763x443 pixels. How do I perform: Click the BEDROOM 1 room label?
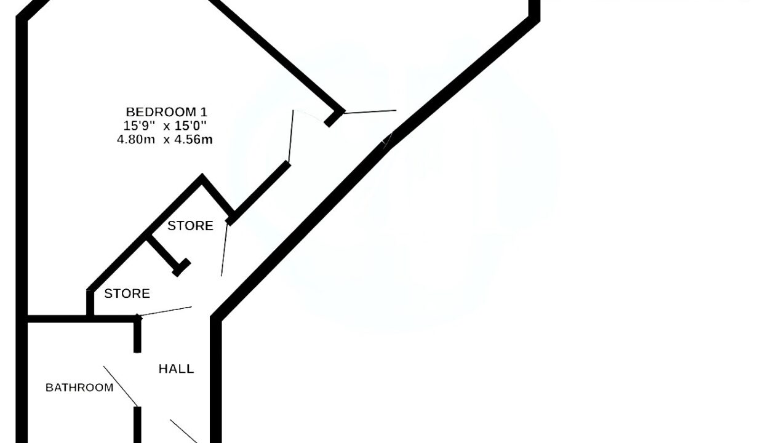point(167,112)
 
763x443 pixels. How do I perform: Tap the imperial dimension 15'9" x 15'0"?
point(165,126)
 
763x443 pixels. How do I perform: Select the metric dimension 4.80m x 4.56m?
point(165,140)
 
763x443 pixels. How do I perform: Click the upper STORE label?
point(190,226)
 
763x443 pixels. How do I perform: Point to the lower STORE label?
point(127,293)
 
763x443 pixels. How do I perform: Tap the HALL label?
point(177,369)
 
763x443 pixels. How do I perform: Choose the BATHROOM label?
point(79,388)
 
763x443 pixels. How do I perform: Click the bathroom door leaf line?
point(121,386)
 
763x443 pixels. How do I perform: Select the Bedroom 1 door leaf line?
point(291,136)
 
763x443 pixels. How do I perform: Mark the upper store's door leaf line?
point(225,249)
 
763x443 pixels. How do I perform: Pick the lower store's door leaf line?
point(165,311)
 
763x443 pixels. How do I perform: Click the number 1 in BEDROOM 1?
point(204,112)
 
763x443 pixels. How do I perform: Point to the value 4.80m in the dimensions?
point(136,140)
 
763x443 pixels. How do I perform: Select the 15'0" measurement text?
point(190,126)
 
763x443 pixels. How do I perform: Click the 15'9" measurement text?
point(139,126)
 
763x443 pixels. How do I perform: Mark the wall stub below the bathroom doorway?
point(137,425)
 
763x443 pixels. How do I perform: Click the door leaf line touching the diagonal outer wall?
point(370,112)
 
